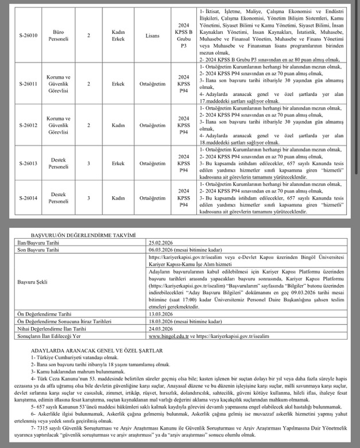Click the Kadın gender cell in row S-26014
[119, 198]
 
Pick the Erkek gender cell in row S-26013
[119, 163]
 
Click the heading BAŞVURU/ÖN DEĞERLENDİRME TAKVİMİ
[83, 235]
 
